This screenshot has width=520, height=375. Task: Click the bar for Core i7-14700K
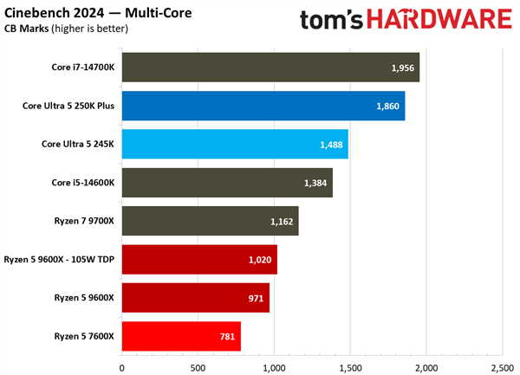pyautogui.click(x=270, y=68)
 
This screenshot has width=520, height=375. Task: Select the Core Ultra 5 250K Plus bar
pyautogui.click(x=263, y=106)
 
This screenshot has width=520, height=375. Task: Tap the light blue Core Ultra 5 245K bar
pyautogui.click(x=235, y=145)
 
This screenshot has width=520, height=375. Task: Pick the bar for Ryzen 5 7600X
pyautogui.click(x=181, y=336)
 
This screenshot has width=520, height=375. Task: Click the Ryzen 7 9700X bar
pyautogui.click(x=210, y=221)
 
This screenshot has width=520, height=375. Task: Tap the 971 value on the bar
pyautogui.click(x=254, y=298)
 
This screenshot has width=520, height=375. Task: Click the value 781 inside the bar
pyautogui.click(x=225, y=336)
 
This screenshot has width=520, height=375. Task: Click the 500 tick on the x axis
pyautogui.click(x=198, y=366)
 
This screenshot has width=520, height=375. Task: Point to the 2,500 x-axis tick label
pyautogui.click(x=502, y=366)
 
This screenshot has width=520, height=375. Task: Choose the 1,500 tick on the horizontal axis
pyautogui.click(x=350, y=366)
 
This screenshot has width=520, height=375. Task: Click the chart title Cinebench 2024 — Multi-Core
pyautogui.click(x=100, y=14)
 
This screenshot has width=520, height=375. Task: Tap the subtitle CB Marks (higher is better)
pyautogui.click(x=67, y=29)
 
